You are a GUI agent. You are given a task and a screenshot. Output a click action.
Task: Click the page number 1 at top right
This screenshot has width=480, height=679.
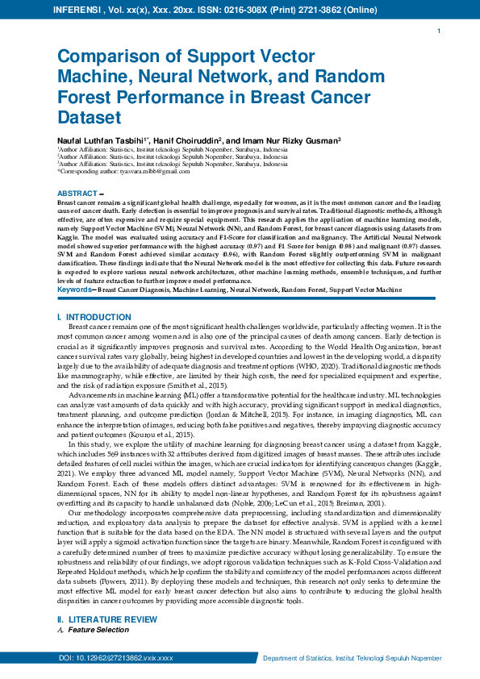pos(437,31)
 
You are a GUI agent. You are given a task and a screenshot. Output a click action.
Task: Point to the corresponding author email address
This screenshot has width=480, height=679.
pos(122,172)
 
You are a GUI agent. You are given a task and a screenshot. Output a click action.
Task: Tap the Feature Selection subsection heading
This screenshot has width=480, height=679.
pos(98,629)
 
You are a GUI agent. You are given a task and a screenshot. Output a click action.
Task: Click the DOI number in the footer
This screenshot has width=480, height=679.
pos(116,659)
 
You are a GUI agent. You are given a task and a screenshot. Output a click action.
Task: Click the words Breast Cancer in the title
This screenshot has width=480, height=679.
pos(270,98)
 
